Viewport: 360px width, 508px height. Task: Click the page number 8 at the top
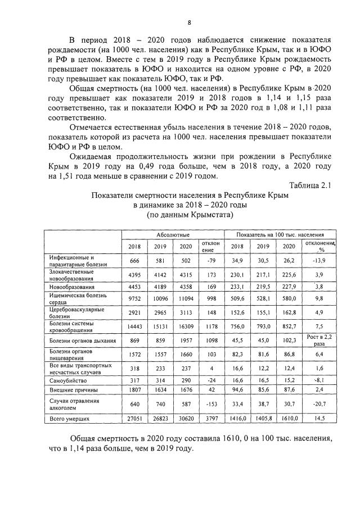tap(189, 22)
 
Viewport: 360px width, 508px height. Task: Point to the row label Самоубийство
tap(61, 380)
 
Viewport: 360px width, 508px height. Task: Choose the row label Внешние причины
tap(66, 390)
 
